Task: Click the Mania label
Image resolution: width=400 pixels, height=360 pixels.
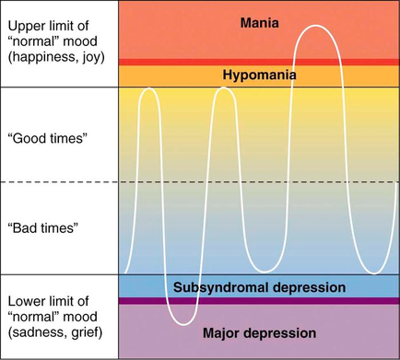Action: (x=259, y=22)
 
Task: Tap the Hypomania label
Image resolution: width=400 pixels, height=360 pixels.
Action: (x=259, y=74)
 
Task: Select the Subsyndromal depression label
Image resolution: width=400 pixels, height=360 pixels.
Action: (x=259, y=287)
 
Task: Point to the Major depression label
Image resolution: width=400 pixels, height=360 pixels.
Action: (x=259, y=331)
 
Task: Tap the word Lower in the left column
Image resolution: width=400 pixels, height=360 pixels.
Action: (x=26, y=301)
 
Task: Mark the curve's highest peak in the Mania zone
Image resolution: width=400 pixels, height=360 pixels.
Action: (x=316, y=26)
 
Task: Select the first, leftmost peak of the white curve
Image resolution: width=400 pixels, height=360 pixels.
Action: (x=150, y=88)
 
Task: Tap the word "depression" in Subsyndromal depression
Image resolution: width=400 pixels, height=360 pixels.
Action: (x=308, y=287)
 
